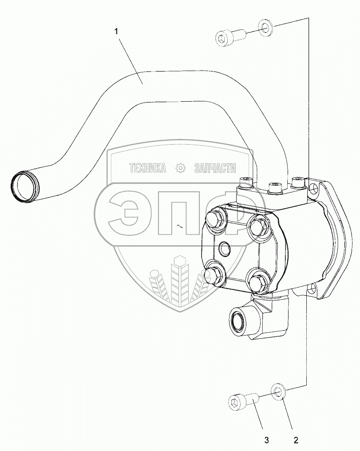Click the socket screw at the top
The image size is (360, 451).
[230, 37]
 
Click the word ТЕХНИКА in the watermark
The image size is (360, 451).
[147, 168]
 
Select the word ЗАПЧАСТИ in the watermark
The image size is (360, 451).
[215, 168]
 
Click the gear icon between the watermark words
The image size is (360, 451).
[180, 168]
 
